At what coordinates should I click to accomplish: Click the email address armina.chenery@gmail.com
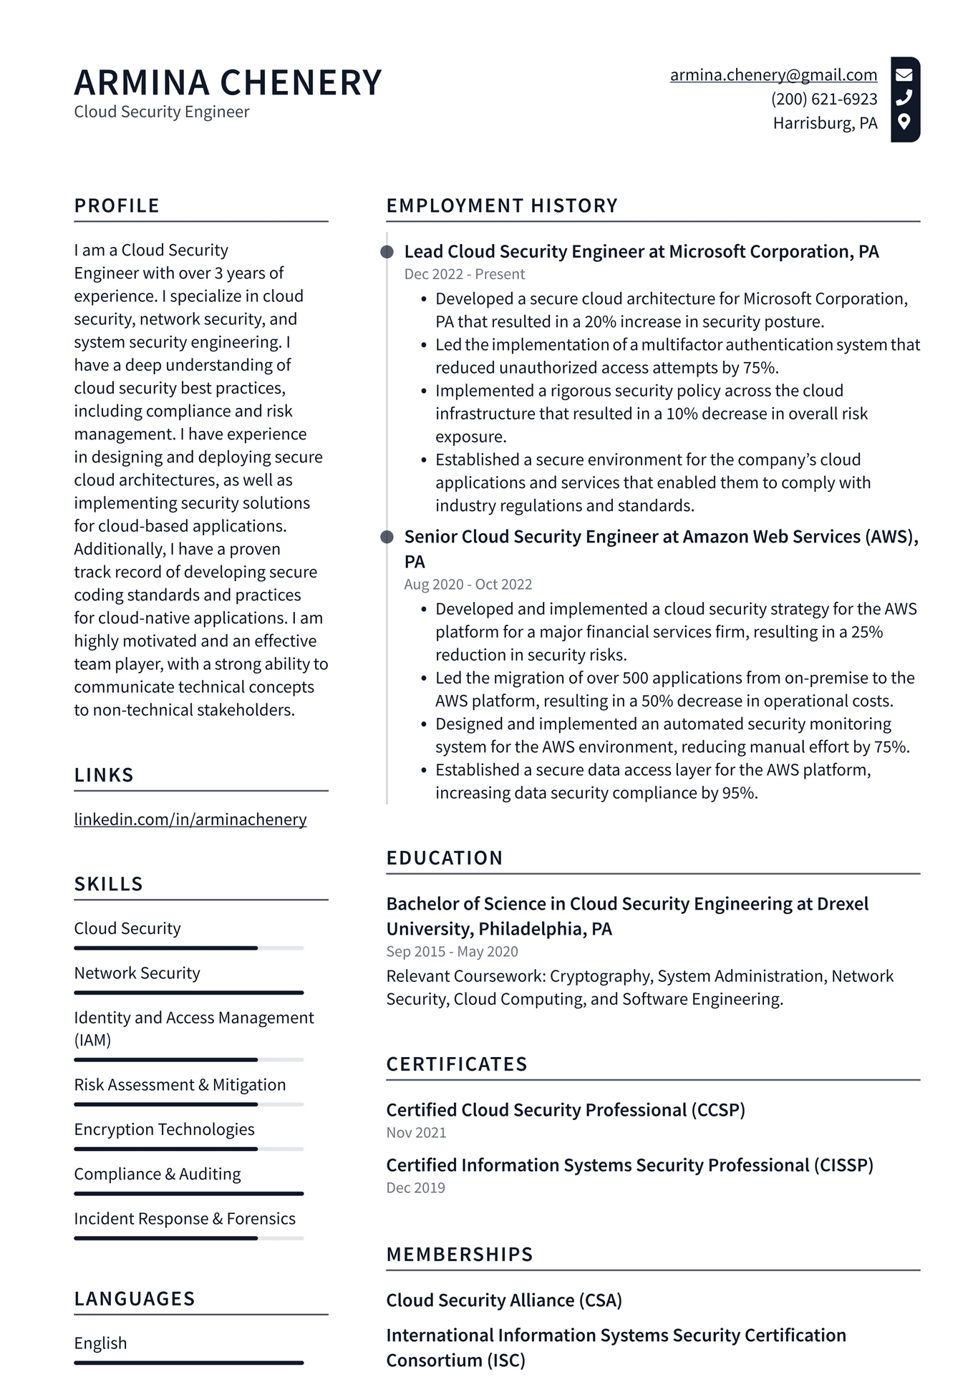point(773,75)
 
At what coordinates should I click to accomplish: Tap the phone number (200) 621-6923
point(824,99)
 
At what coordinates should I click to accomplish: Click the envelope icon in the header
point(904,74)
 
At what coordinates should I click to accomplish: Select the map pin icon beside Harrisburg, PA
point(904,122)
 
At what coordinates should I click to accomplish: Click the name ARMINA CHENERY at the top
point(228,82)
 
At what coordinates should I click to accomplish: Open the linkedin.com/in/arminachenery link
point(190,819)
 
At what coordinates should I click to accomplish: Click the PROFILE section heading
point(117,205)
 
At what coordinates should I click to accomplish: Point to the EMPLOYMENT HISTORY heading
point(502,205)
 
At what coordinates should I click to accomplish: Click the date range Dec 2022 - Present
point(464,274)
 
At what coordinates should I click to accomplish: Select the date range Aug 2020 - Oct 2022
point(468,584)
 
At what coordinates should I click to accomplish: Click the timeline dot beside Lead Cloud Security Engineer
point(387,252)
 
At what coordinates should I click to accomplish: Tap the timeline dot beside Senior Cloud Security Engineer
point(387,537)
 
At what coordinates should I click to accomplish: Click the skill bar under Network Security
point(188,993)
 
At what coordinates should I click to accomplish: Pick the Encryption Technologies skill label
point(164,1129)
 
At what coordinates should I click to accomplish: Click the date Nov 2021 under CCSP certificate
point(416,1133)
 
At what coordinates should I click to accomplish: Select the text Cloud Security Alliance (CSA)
point(504,1300)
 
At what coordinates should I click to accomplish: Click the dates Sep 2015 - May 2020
point(452,952)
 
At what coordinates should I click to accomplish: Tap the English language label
point(100,1343)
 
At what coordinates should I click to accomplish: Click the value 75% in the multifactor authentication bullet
point(760,368)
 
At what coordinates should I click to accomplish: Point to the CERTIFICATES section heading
point(457,1064)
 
